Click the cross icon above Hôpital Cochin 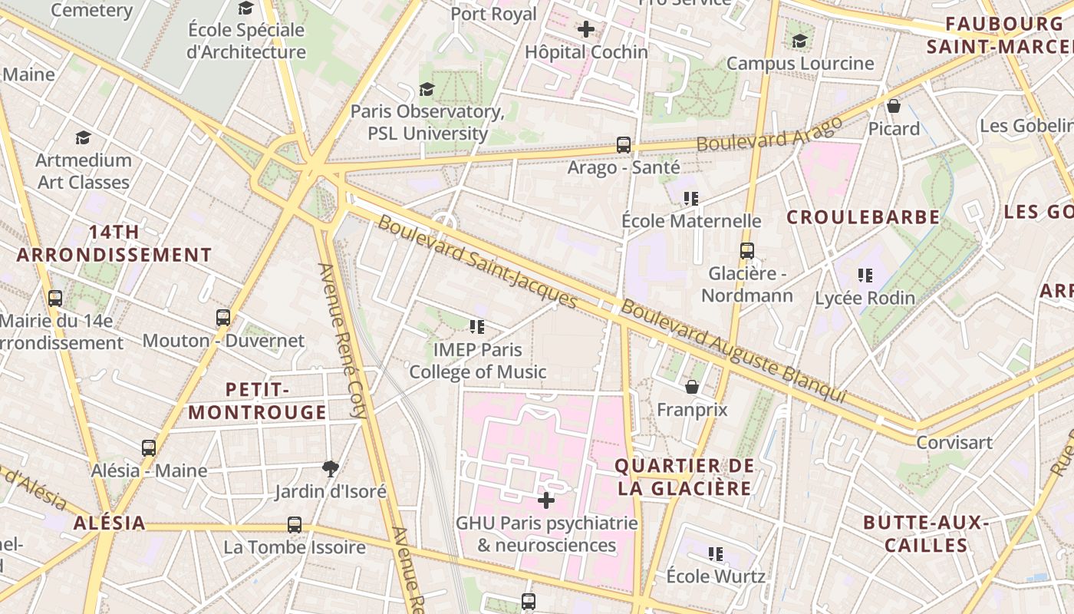coord(586,30)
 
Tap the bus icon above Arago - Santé coord(624,144)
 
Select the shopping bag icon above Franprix coord(692,387)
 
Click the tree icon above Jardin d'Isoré coord(331,468)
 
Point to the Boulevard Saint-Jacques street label coord(477,262)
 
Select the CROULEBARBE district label coord(863,217)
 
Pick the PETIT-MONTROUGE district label coord(258,401)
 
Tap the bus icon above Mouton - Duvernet coord(223,318)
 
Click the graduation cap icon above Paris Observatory coord(427,90)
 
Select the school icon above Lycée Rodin coord(865,276)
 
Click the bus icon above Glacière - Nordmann coord(746,251)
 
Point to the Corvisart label coord(954,443)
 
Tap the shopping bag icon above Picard coord(894,106)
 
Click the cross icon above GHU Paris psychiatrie coord(546,501)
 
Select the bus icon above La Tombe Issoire coord(295,525)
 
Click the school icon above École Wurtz coord(716,553)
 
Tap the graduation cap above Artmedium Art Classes coord(84,137)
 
